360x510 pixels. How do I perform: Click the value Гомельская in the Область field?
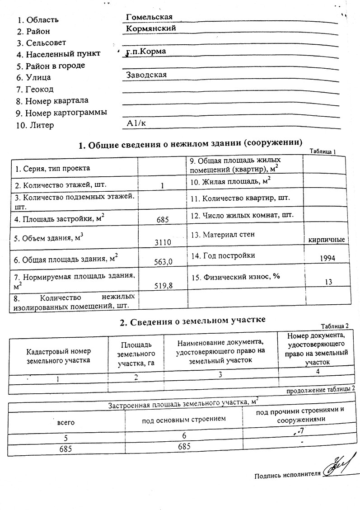pos(150,17)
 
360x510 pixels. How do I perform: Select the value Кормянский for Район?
pos(151,28)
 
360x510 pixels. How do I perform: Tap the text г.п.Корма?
pos(146,52)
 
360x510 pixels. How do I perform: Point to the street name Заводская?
pos(147,75)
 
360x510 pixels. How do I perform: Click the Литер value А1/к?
pos(137,122)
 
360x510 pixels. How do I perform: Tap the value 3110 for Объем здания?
pos(163,242)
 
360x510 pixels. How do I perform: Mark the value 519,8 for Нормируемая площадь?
pos(164,285)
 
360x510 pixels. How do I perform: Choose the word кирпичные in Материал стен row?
pos(327,240)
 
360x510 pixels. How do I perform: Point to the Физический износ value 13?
pos(328,282)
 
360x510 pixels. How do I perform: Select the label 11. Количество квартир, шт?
pos(240,198)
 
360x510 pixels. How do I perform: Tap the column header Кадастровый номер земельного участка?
pos(58,356)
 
